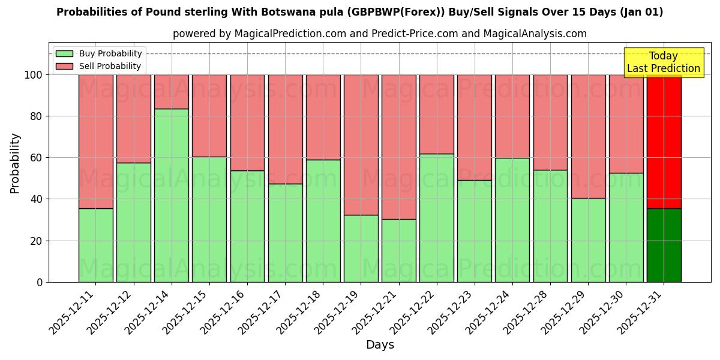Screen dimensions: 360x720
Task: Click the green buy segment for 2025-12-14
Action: click(x=172, y=195)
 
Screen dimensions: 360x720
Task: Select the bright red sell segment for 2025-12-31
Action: click(x=664, y=142)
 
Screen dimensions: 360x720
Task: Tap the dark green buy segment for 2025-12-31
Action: click(x=664, y=245)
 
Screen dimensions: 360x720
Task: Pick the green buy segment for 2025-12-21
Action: click(x=399, y=250)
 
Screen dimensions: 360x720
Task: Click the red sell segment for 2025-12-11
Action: click(x=96, y=142)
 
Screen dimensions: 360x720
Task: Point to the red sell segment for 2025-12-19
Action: click(x=361, y=145)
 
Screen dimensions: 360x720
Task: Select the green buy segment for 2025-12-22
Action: click(x=437, y=218)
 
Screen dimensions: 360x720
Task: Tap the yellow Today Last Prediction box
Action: click(x=664, y=62)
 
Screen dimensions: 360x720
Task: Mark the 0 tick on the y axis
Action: click(x=40, y=282)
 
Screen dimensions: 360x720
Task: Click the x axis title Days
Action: click(x=380, y=345)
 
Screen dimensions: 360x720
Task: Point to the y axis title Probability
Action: click(x=16, y=163)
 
